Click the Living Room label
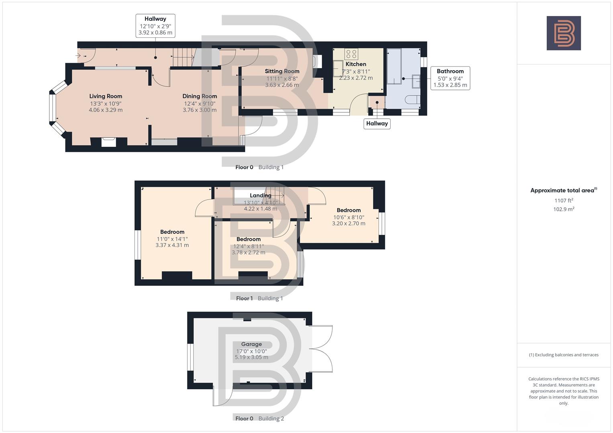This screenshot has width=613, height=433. point(106,96)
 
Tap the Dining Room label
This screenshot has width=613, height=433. point(200,96)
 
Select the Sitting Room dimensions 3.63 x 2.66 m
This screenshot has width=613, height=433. point(282,85)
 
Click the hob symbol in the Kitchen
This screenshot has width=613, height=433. point(351,54)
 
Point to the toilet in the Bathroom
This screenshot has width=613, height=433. point(413,99)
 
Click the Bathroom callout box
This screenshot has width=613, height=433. point(450,78)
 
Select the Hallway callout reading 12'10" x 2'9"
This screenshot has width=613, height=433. point(155,26)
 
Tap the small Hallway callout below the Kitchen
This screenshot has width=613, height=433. point(377,123)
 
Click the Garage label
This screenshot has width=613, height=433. point(251,344)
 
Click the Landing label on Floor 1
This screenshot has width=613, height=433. point(261,196)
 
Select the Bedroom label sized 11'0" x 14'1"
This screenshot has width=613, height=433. point(172,232)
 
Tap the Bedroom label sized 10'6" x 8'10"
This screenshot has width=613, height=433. point(348,210)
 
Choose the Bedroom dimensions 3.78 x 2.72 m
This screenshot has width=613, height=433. point(248,253)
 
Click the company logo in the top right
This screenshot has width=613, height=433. point(564,33)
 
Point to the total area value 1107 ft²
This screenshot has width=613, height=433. point(564,200)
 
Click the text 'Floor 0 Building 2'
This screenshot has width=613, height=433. point(259,418)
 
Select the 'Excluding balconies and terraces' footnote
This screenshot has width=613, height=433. point(564,355)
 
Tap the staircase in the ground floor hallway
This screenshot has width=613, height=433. point(183,57)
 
